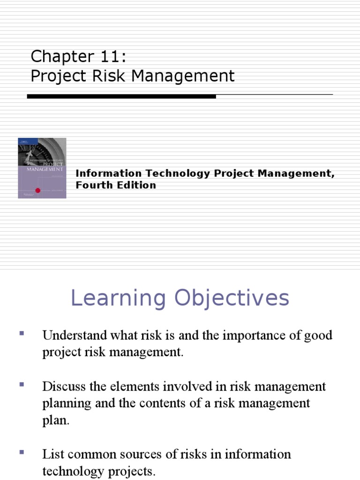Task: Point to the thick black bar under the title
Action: (x=121, y=97)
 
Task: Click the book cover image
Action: (x=42, y=168)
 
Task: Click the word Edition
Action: (x=137, y=185)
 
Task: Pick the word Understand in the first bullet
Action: (x=69, y=336)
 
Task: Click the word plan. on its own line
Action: (x=55, y=420)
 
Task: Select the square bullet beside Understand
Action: (x=22, y=333)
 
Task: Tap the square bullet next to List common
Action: (x=22, y=452)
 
